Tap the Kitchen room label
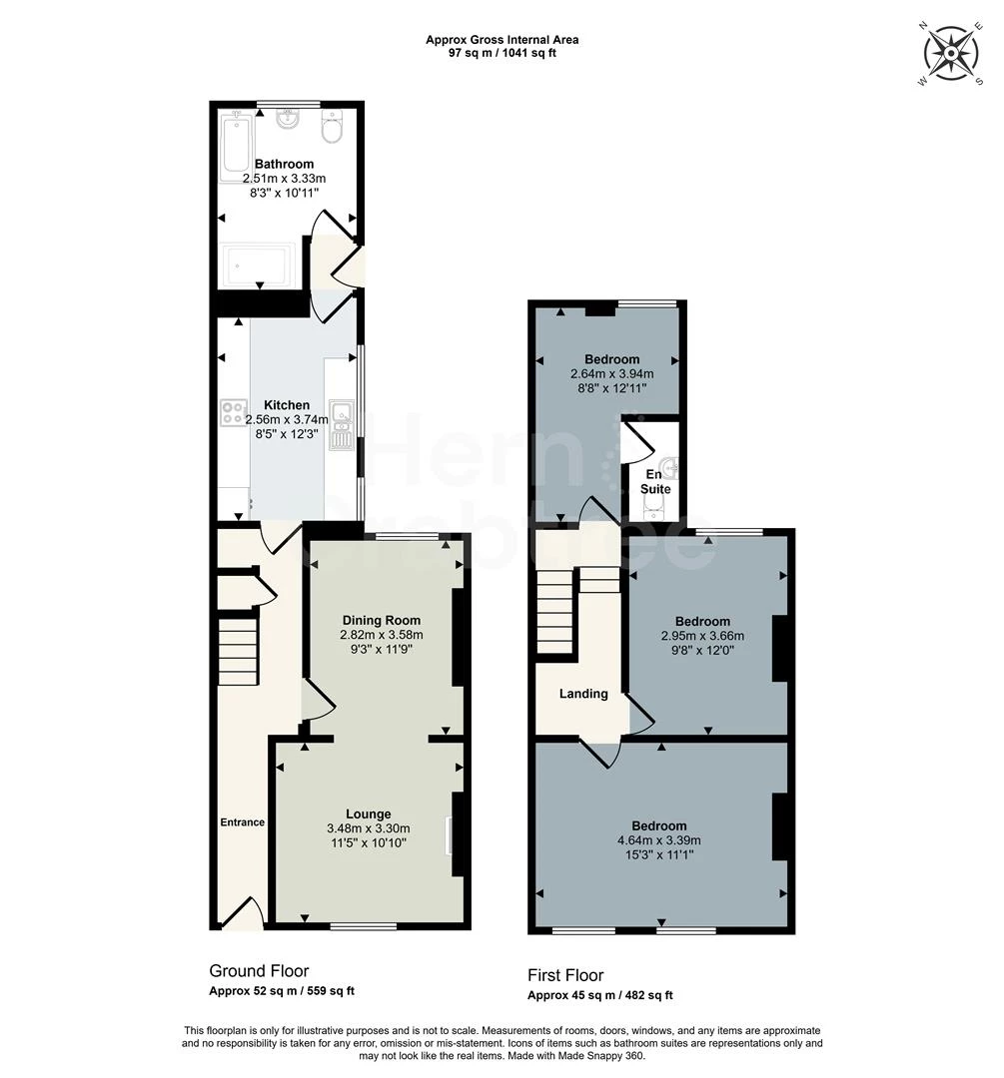tap(287, 405)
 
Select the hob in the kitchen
tap(234, 411)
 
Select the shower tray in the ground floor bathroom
tap(256, 266)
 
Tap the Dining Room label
tap(382, 620)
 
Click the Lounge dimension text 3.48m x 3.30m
tap(369, 828)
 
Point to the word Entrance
tap(242, 822)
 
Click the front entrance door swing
tap(243, 912)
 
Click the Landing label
tap(583, 694)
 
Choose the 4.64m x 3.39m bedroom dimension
tap(659, 840)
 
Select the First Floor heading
tap(565, 975)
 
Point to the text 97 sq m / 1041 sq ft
tap(502, 53)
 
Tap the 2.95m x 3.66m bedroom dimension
tap(702, 636)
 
